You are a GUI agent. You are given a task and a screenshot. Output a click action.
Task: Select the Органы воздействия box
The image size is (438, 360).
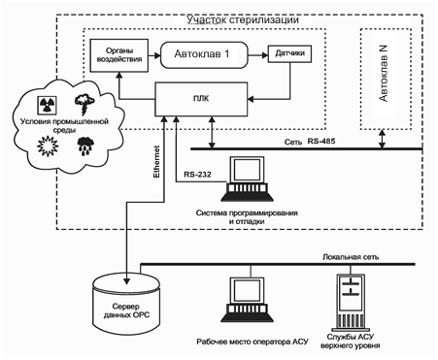118,55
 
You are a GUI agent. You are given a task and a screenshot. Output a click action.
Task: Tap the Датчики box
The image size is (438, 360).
289,53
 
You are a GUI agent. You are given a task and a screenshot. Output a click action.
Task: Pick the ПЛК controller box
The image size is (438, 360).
201,99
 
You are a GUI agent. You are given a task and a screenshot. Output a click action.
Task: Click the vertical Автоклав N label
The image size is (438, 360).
384,74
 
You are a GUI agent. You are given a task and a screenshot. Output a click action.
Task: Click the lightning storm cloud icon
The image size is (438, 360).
84,104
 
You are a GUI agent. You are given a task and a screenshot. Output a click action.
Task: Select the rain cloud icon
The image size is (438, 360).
85,146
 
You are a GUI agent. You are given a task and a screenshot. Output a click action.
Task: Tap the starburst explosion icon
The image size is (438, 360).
48,147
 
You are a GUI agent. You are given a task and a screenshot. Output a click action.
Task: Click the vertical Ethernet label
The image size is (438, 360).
156,162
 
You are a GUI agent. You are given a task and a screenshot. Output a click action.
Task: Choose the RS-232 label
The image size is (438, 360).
197,175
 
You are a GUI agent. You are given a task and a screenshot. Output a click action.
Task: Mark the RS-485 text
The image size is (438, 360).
321,141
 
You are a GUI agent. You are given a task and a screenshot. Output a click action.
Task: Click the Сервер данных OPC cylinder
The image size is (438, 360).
126,304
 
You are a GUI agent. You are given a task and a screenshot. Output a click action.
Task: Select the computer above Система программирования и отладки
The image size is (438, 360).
247,179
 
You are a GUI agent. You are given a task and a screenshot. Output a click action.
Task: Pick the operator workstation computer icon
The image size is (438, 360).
247,300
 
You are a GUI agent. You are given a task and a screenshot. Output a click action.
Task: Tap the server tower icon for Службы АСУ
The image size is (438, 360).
351,303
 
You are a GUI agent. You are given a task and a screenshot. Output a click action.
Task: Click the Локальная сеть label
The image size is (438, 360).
351,257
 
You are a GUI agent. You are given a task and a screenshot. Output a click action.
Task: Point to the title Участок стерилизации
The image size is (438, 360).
243,20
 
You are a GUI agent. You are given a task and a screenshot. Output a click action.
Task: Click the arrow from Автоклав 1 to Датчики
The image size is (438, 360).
258,55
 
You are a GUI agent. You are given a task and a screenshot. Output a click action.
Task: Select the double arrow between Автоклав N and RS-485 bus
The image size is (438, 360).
383,139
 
